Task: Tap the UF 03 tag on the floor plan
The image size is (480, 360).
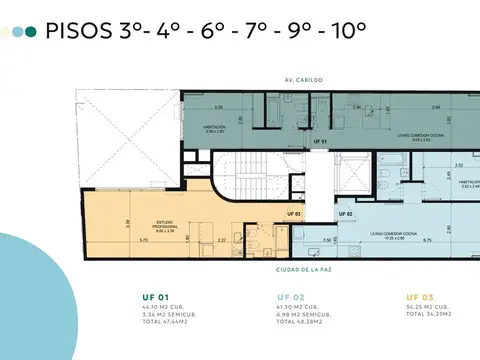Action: coord(293,213)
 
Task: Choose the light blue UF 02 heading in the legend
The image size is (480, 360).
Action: coord(289,297)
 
